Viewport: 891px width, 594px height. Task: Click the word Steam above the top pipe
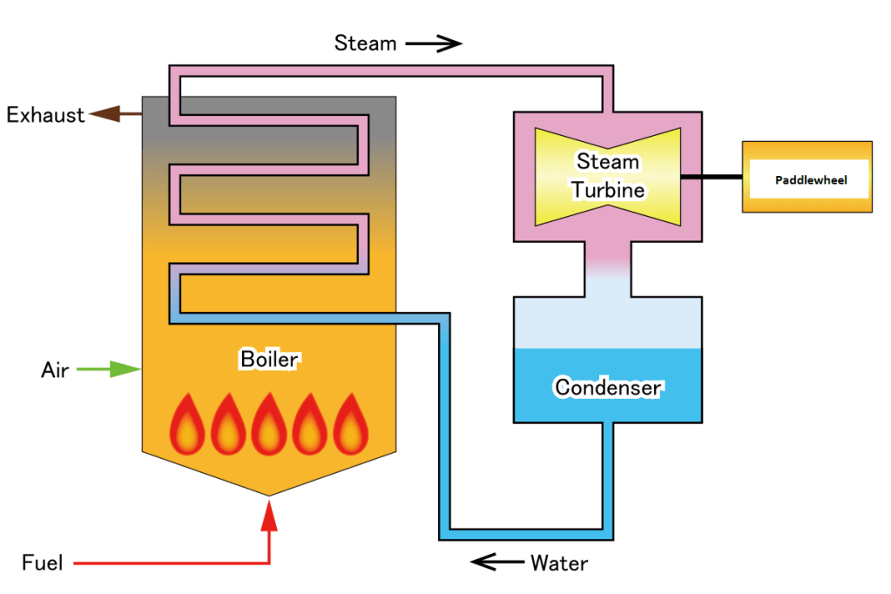point(365,43)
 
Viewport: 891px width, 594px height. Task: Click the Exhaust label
point(45,114)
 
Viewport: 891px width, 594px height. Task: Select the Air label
point(55,370)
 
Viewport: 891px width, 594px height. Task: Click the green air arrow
point(110,370)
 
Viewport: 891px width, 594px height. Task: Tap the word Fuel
point(43,563)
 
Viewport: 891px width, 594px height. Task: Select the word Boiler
point(269,358)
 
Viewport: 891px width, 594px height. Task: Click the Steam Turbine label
point(608,175)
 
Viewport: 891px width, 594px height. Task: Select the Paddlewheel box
point(807,178)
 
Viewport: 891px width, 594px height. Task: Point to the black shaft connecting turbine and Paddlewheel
point(711,177)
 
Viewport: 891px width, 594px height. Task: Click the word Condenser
point(607,387)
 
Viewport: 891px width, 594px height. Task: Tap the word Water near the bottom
point(558,563)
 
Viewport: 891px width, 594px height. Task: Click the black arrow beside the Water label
point(496,562)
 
